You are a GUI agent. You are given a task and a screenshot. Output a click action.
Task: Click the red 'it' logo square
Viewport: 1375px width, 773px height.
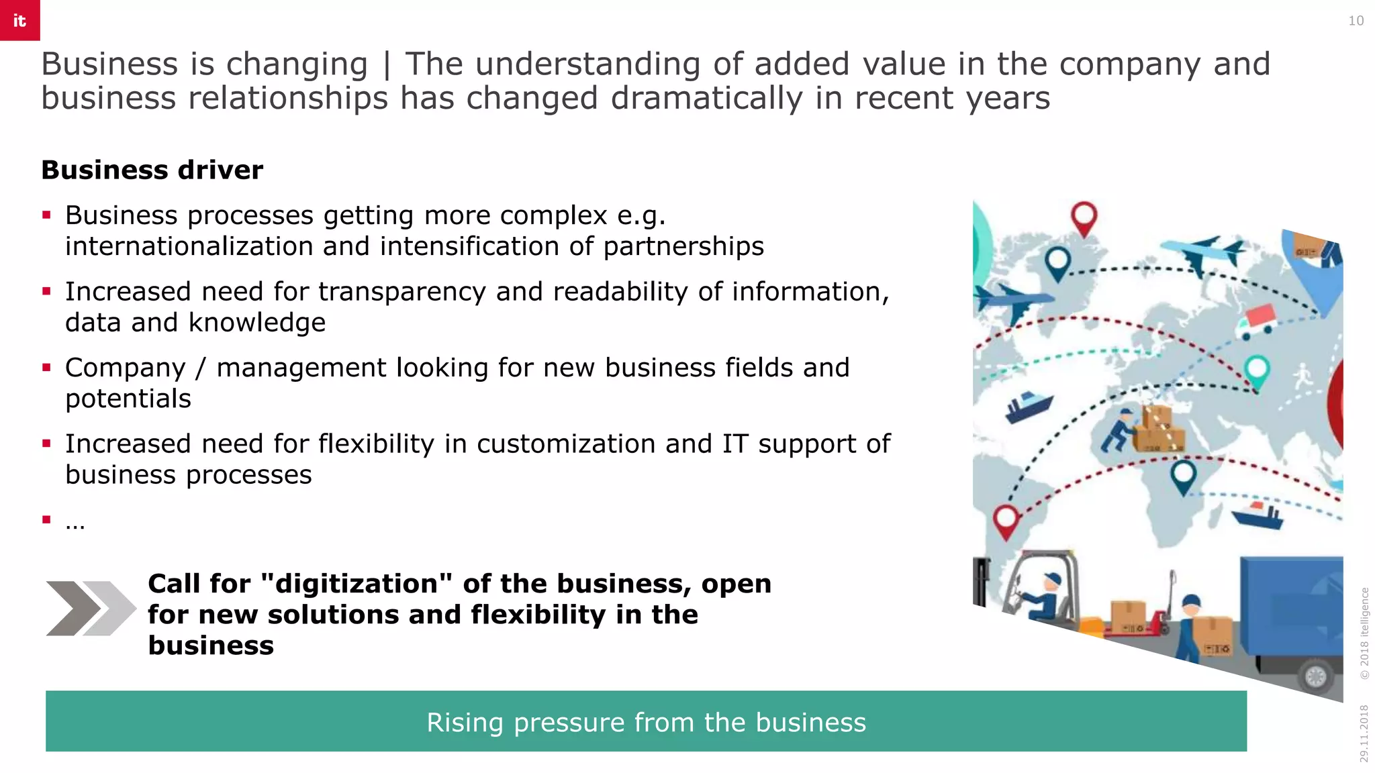coord(19,20)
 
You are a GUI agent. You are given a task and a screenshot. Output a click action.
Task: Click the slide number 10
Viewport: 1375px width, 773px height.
coord(1356,21)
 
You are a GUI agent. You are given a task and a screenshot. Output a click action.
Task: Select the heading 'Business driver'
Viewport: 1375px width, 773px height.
coord(152,170)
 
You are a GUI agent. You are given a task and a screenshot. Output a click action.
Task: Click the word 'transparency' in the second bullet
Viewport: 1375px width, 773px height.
coord(401,292)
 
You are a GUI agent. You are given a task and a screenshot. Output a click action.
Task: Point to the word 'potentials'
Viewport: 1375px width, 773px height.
coord(128,399)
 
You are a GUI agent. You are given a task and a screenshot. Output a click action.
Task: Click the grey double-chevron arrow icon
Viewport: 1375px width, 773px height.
coord(90,608)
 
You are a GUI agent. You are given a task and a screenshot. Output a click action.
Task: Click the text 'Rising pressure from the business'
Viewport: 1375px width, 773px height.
coord(646,722)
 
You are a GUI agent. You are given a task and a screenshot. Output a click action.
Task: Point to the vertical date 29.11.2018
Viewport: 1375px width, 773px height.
coord(1364,733)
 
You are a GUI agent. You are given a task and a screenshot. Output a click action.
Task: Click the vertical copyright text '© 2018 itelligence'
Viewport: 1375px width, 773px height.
coord(1364,633)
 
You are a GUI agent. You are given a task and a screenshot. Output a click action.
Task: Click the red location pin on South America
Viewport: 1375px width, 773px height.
coord(1006,521)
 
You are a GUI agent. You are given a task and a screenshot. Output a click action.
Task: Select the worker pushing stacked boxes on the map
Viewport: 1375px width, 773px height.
coord(1119,430)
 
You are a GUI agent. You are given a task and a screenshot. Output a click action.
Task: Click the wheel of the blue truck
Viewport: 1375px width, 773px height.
coord(1315,676)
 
